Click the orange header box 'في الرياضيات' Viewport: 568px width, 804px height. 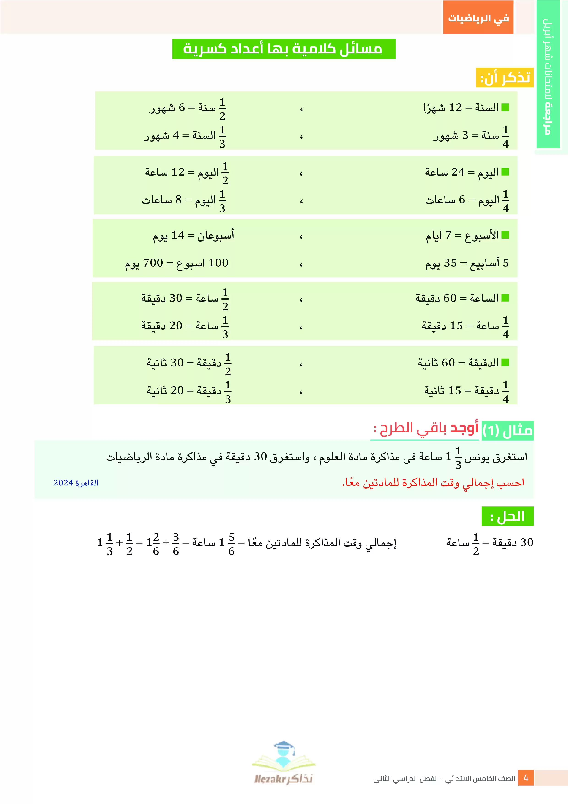[x=478, y=17]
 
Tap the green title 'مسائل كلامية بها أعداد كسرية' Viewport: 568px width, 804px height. [x=284, y=49]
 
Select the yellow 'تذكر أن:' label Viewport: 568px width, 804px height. [x=504, y=77]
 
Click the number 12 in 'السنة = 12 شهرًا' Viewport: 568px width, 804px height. [x=455, y=107]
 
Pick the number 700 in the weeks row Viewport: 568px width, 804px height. [x=153, y=263]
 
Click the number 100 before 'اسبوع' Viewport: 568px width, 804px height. [x=218, y=263]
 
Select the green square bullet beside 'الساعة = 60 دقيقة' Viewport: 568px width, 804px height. [x=505, y=298]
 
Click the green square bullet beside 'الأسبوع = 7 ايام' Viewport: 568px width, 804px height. [x=505, y=235]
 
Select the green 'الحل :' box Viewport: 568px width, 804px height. [x=507, y=516]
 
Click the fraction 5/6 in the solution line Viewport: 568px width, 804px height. [x=231, y=544]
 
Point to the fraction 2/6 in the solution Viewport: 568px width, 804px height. [x=156, y=544]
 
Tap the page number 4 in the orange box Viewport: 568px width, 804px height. [x=526, y=778]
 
